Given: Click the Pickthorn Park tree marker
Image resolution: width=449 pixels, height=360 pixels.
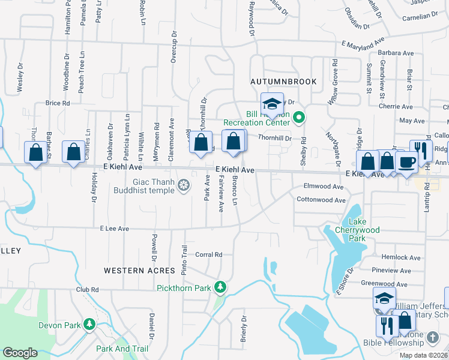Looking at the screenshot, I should click(x=221, y=287).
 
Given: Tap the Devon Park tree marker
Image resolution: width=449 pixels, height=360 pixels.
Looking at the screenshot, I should click(x=90, y=325).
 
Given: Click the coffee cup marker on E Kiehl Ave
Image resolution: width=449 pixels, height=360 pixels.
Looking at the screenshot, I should click(x=406, y=163).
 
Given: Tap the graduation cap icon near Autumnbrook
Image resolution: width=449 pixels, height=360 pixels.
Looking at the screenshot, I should click(x=272, y=104).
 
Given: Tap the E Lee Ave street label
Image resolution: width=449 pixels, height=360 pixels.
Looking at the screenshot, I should click(x=115, y=229).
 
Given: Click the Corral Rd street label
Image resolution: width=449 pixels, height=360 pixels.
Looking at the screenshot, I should click(x=209, y=254).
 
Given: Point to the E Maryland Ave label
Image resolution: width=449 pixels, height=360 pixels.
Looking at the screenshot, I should click(x=363, y=43).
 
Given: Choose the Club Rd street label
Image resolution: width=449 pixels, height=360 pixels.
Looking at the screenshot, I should click(x=87, y=289).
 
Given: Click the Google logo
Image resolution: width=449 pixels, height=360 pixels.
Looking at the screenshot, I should click(x=20, y=352).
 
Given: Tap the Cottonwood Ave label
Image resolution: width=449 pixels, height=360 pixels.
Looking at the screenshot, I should click(x=321, y=200).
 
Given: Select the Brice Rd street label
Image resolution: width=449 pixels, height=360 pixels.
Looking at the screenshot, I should click(x=58, y=103).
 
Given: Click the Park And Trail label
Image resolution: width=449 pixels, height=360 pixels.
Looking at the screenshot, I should click(x=122, y=349).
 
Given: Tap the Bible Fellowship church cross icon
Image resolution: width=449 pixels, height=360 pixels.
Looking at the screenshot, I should click(x=432, y=338).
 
